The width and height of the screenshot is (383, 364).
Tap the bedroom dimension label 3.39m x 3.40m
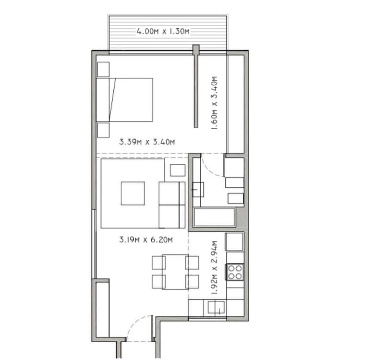tap(147, 142)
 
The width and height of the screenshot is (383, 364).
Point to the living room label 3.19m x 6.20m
tap(146, 240)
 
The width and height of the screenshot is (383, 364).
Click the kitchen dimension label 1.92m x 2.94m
tap(214, 267)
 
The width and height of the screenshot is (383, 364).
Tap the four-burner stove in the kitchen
tap(235, 271)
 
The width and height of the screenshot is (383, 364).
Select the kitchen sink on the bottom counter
tap(216, 307)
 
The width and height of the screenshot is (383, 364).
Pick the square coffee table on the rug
tap(133, 193)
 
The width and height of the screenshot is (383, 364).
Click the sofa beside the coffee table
tap(172, 204)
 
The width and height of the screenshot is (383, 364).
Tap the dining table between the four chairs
tap(175, 271)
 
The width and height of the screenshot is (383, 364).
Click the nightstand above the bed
tap(103, 68)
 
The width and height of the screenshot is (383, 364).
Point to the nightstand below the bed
tap(103, 130)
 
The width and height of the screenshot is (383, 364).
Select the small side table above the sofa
tap(178, 170)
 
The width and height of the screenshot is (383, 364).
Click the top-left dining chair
tap(158, 262)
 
